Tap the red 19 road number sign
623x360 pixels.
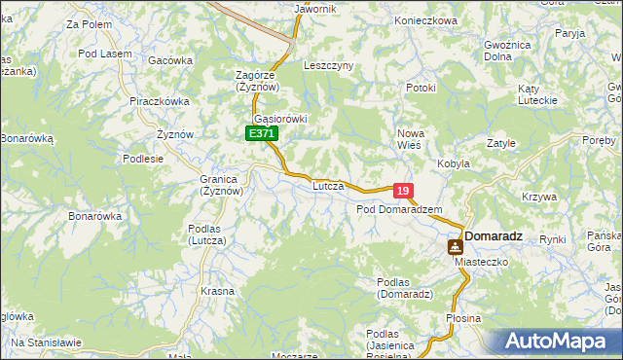coord(404,192)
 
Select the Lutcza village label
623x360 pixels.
coord(329,185)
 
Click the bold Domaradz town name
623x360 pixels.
coord(494,235)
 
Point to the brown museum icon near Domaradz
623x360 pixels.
coord(455,247)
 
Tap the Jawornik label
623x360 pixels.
coord(314,9)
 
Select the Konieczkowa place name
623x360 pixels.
coord(426,20)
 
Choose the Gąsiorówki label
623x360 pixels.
coord(279,119)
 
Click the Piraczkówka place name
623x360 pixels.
coord(159,100)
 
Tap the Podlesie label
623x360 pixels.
coord(143,158)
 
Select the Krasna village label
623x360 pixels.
coord(217,291)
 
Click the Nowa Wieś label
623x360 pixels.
coord(409,138)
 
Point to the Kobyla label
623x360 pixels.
coord(454,163)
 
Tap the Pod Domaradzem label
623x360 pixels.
coord(399,209)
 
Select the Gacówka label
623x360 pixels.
coord(170,60)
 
